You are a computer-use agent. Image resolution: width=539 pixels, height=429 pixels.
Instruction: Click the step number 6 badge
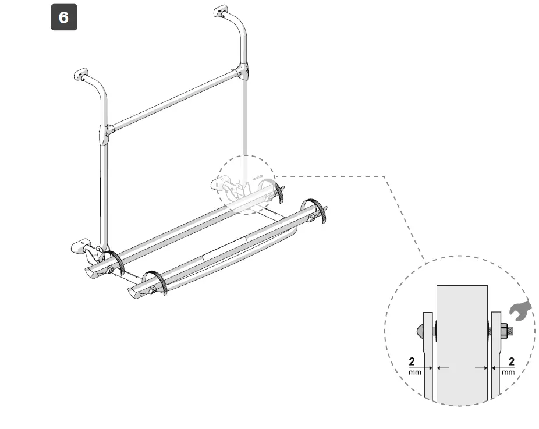63,17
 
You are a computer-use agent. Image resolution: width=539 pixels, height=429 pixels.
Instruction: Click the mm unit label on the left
414,372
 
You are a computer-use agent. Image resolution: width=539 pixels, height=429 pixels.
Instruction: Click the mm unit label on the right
509,372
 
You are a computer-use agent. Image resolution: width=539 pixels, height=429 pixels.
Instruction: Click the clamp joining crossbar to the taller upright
242,72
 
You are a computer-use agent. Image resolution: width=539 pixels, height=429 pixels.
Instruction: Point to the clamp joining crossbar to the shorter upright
105,134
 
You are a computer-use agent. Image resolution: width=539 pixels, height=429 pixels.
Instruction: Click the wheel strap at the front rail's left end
156,282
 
